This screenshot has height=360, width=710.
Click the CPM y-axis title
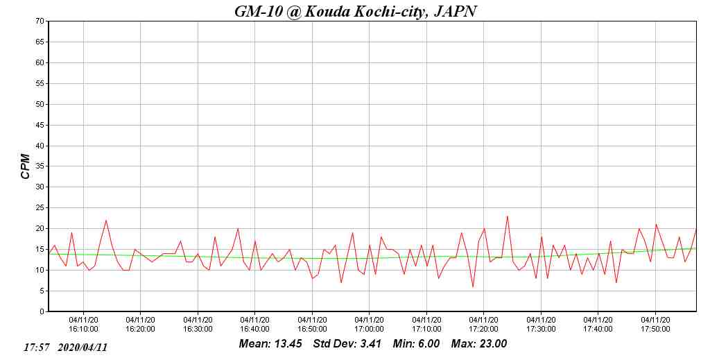[26, 166]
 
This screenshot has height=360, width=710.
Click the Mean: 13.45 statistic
[270, 344]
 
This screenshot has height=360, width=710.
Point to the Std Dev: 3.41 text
[347, 344]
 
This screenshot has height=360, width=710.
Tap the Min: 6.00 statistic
[416, 344]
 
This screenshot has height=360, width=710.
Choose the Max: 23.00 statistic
[479, 344]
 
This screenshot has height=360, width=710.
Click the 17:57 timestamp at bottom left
[36, 347]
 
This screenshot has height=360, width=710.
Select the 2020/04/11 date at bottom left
[83, 347]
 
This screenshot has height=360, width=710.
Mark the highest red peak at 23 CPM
[508, 216]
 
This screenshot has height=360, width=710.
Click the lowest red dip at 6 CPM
[473, 286]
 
